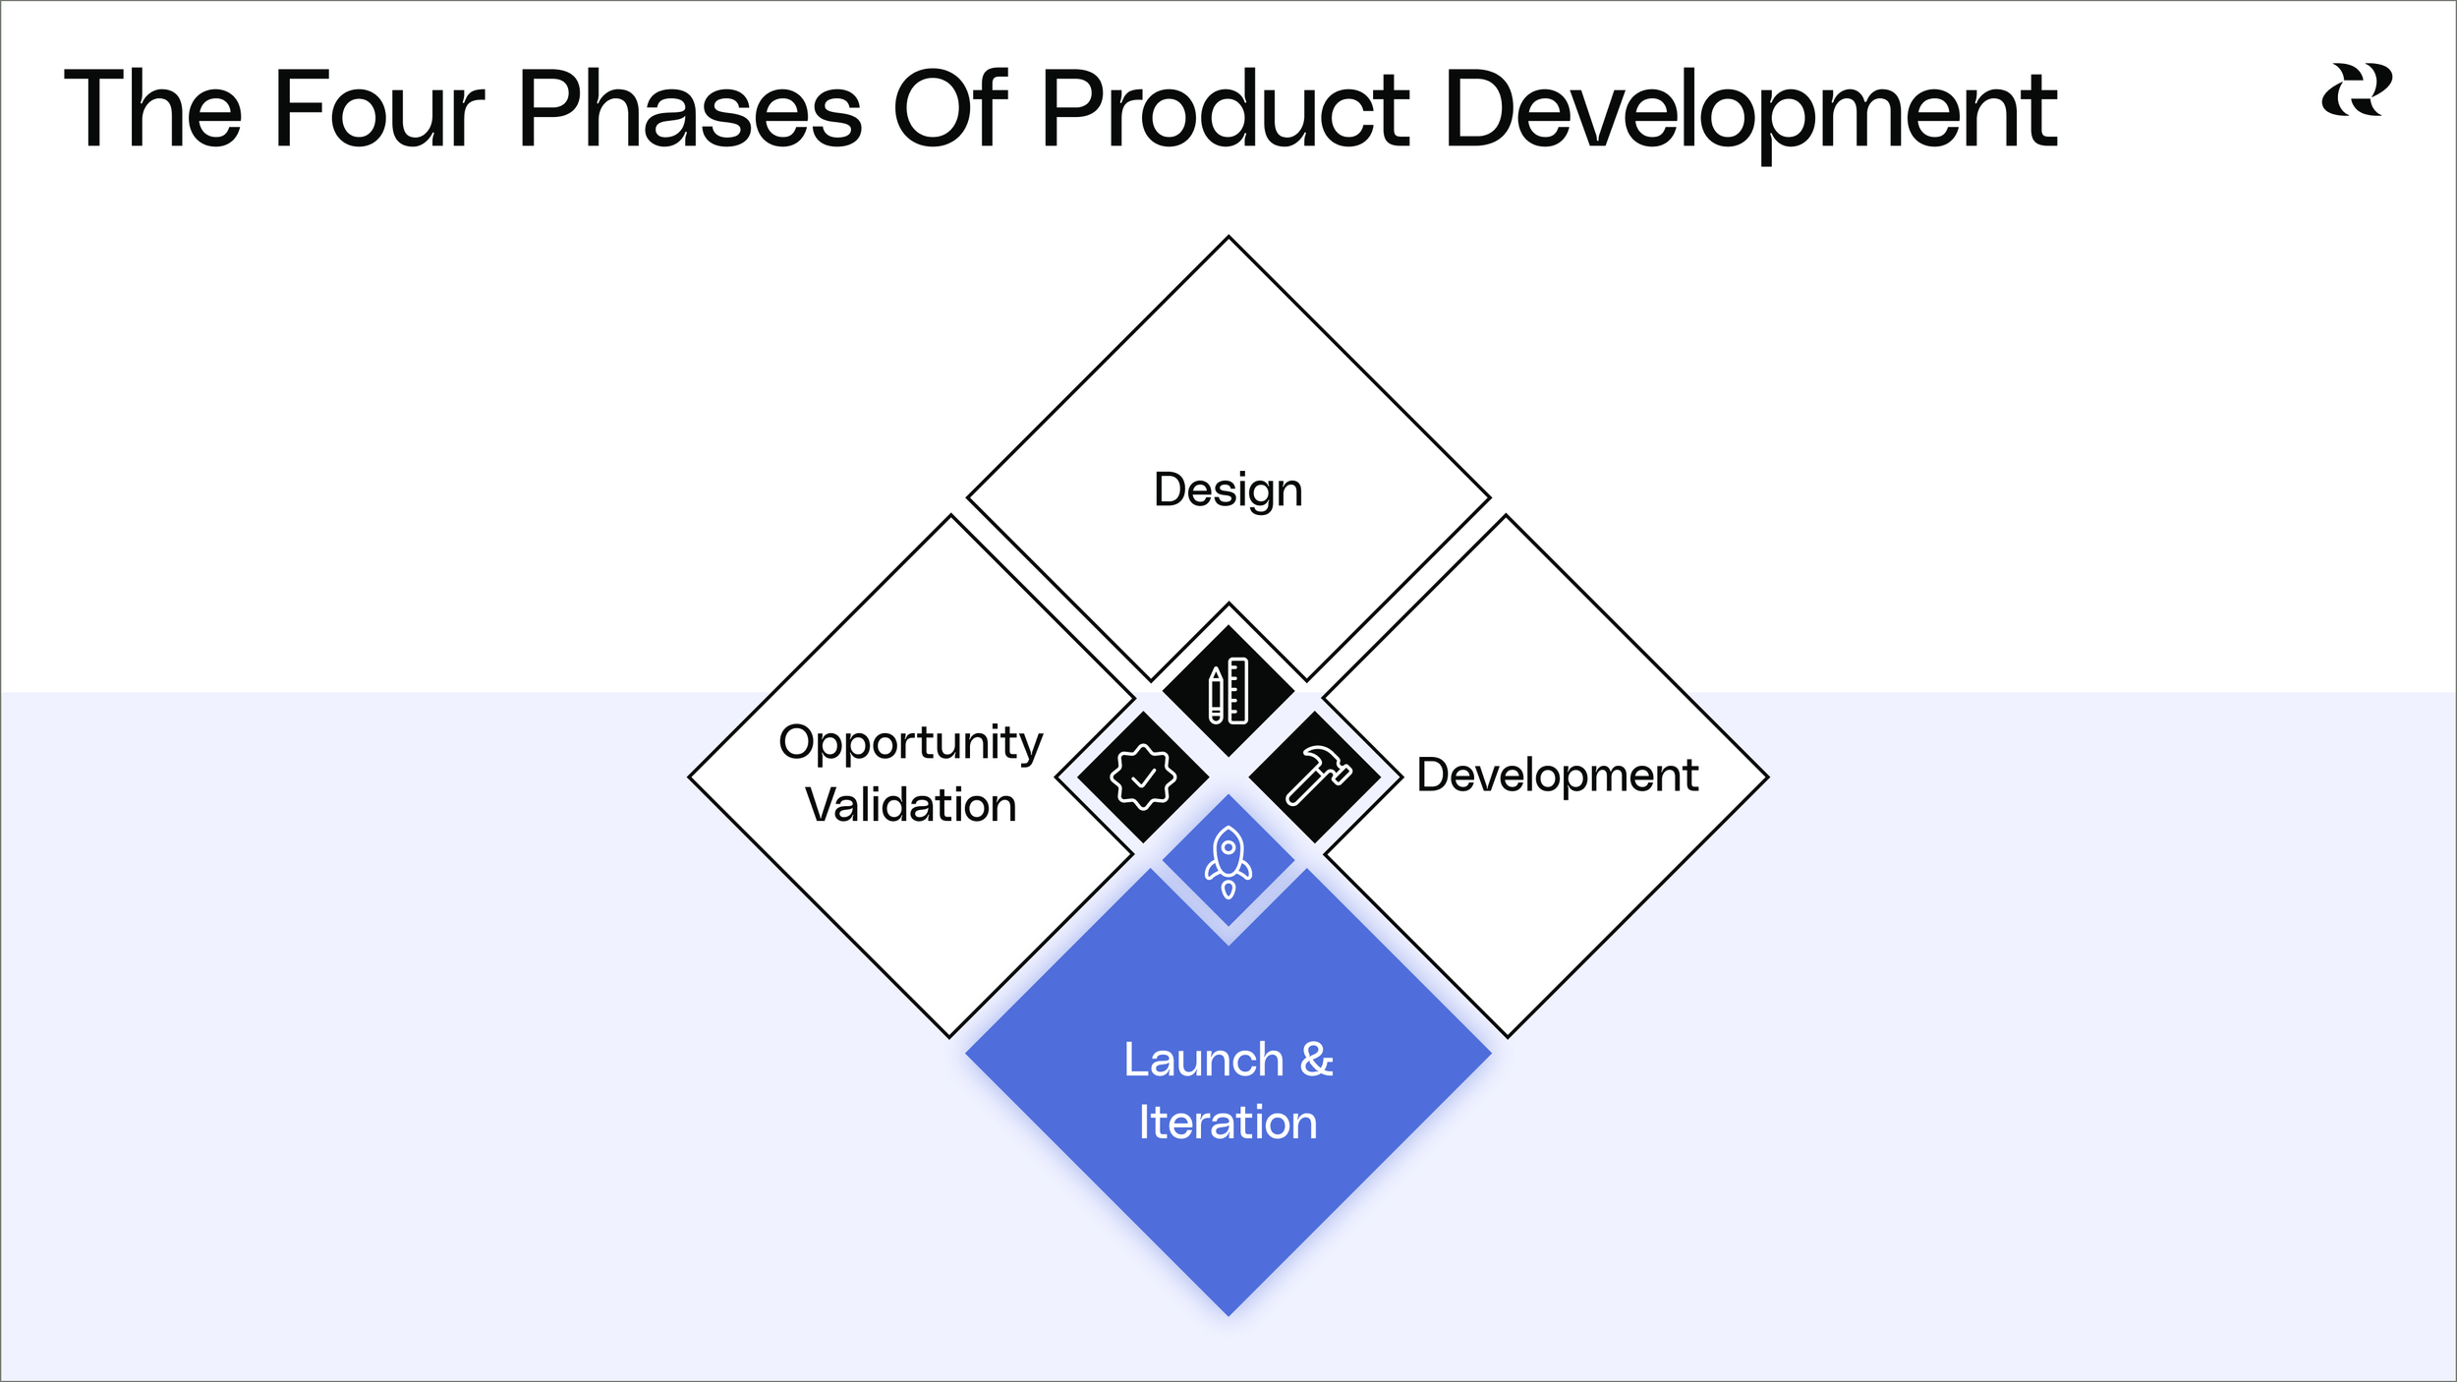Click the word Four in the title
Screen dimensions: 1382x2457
(x=378, y=110)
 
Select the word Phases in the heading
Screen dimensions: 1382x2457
(x=689, y=110)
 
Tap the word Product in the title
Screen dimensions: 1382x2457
(x=1224, y=110)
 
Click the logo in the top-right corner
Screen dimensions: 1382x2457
(x=2356, y=89)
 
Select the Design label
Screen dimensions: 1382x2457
(x=1228, y=490)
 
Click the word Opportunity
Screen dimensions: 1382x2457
(x=910, y=744)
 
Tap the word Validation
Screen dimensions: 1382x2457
(x=910, y=805)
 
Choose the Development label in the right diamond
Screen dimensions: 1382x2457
(x=1557, y=776)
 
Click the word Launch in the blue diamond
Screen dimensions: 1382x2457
(x=1203, y=1061)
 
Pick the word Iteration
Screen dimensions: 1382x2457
(x=1228, y=1123)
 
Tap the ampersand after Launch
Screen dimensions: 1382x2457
(x=1316, y=1061)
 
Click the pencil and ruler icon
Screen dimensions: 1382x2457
(x=1228, y=691)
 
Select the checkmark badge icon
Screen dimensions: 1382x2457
(x=1142, y=777)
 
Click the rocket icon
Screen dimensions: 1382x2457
(x=1228, y=861)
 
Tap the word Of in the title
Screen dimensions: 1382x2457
(x=950, y=110)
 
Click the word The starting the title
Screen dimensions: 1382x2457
(x=152, y=110)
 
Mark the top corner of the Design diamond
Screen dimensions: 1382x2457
(x=1228, y=238)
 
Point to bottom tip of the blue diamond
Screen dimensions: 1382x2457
(x=1228, y=1313)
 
